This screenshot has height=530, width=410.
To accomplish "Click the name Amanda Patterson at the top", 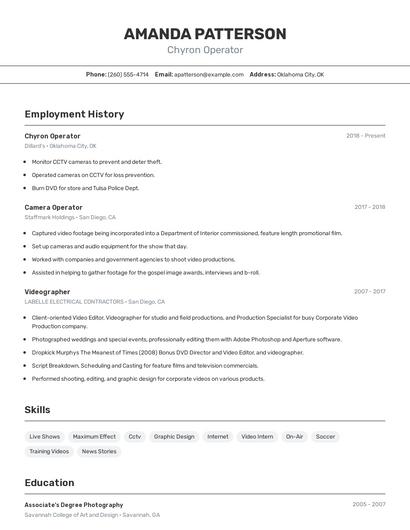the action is pos(205,33).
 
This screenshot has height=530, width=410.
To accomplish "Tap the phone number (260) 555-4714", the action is pos(128,74).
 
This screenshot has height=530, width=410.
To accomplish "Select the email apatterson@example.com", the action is pos(209,74).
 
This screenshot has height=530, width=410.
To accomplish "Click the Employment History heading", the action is pos(74,114).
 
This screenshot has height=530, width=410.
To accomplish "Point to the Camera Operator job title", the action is pos(53,207).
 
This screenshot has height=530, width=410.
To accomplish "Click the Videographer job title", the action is pos(47,292).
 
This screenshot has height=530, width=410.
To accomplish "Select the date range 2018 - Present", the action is pos(365,136).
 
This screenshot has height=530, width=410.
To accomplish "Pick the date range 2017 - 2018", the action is pos(369,207).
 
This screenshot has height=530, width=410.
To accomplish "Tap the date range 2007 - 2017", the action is pos(369,292).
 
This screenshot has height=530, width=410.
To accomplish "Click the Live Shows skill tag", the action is pos(45,436).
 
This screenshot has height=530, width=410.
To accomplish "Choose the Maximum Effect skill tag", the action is pos(94,436).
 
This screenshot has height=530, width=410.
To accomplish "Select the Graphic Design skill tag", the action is pos(174,436).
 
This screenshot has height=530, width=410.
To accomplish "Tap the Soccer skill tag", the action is pos(325,436).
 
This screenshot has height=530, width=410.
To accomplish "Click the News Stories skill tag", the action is pos(99,451).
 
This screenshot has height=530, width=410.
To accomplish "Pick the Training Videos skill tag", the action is pos(47,451).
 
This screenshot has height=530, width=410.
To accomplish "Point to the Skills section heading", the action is pos(38,410).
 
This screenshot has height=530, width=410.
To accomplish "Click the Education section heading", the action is pos(49,483).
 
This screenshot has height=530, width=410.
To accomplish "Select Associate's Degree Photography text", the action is pos(74,505).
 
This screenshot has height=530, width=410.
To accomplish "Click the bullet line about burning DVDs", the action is pos(85,188).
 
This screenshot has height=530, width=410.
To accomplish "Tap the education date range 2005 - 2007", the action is pos(368,505).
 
